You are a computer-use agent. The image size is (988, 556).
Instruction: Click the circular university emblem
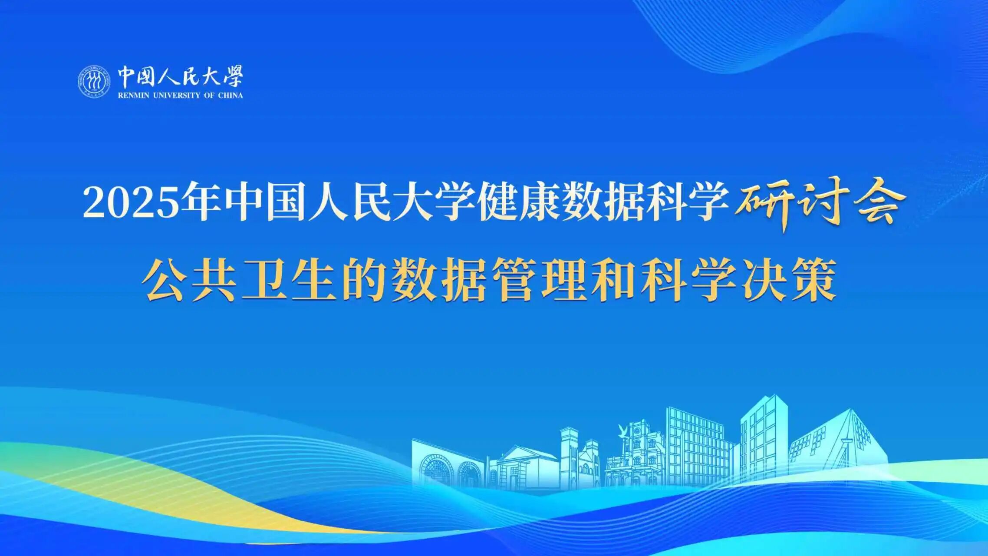tap(94, 81)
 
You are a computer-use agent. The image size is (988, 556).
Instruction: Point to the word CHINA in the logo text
tap(231, 96)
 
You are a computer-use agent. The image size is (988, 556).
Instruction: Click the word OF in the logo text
tap(209, 96)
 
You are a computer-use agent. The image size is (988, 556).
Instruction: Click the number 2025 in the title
tap(131, 203)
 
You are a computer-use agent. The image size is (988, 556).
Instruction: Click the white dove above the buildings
tap(623, 430)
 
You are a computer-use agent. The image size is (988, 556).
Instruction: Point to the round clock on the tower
tap(637, 431)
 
